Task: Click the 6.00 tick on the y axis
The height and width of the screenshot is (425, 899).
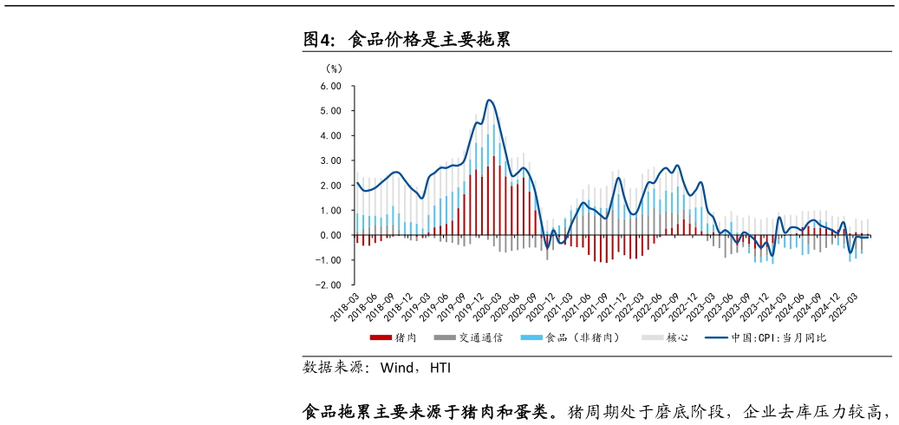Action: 330,87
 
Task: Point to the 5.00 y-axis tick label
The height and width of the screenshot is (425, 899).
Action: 330,111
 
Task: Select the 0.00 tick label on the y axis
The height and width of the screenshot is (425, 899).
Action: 330,235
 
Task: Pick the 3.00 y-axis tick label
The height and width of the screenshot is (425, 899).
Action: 330,161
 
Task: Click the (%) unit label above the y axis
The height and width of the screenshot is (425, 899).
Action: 334,68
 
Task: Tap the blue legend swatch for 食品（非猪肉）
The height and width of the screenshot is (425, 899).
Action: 531,337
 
